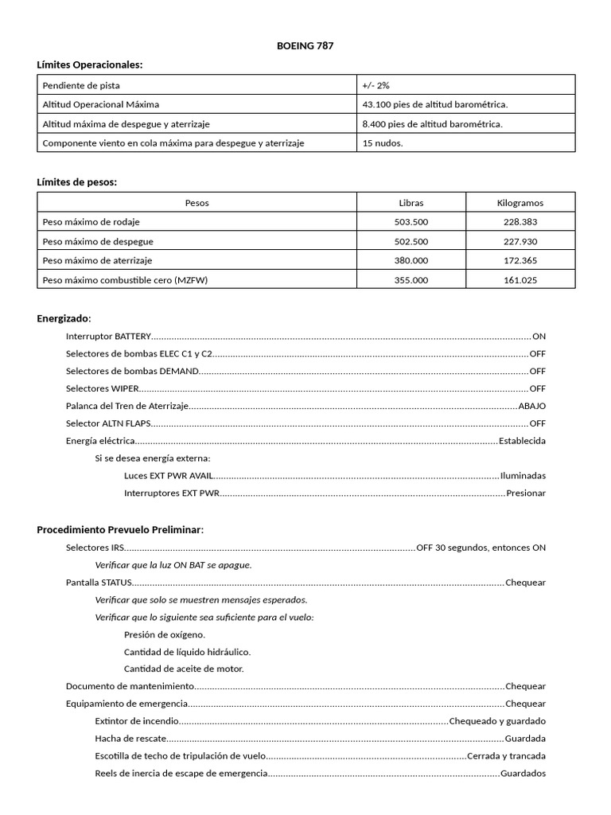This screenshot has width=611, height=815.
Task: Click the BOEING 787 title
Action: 305,46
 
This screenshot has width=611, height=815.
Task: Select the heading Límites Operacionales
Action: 90,64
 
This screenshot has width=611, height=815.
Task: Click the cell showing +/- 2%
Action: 376,85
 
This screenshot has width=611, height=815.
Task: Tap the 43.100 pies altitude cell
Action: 434,104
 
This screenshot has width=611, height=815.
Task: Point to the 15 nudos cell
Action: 383,143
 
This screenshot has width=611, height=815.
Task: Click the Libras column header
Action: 411,203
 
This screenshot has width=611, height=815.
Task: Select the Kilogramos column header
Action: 520,203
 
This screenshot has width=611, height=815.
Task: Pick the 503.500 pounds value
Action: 411,222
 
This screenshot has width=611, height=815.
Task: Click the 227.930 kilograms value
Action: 520,241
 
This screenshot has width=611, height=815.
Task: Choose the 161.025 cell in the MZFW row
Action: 520,280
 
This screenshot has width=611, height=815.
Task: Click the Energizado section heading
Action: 64,318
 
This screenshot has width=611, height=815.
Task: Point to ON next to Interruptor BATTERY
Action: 539,337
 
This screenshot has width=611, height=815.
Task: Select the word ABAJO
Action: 531,406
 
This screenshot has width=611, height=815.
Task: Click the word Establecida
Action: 522,441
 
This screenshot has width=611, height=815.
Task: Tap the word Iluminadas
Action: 523,476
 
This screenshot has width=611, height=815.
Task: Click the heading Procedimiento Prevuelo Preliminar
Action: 120,529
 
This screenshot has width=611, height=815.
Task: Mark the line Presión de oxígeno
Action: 165,634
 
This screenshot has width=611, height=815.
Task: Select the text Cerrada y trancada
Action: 506,756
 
